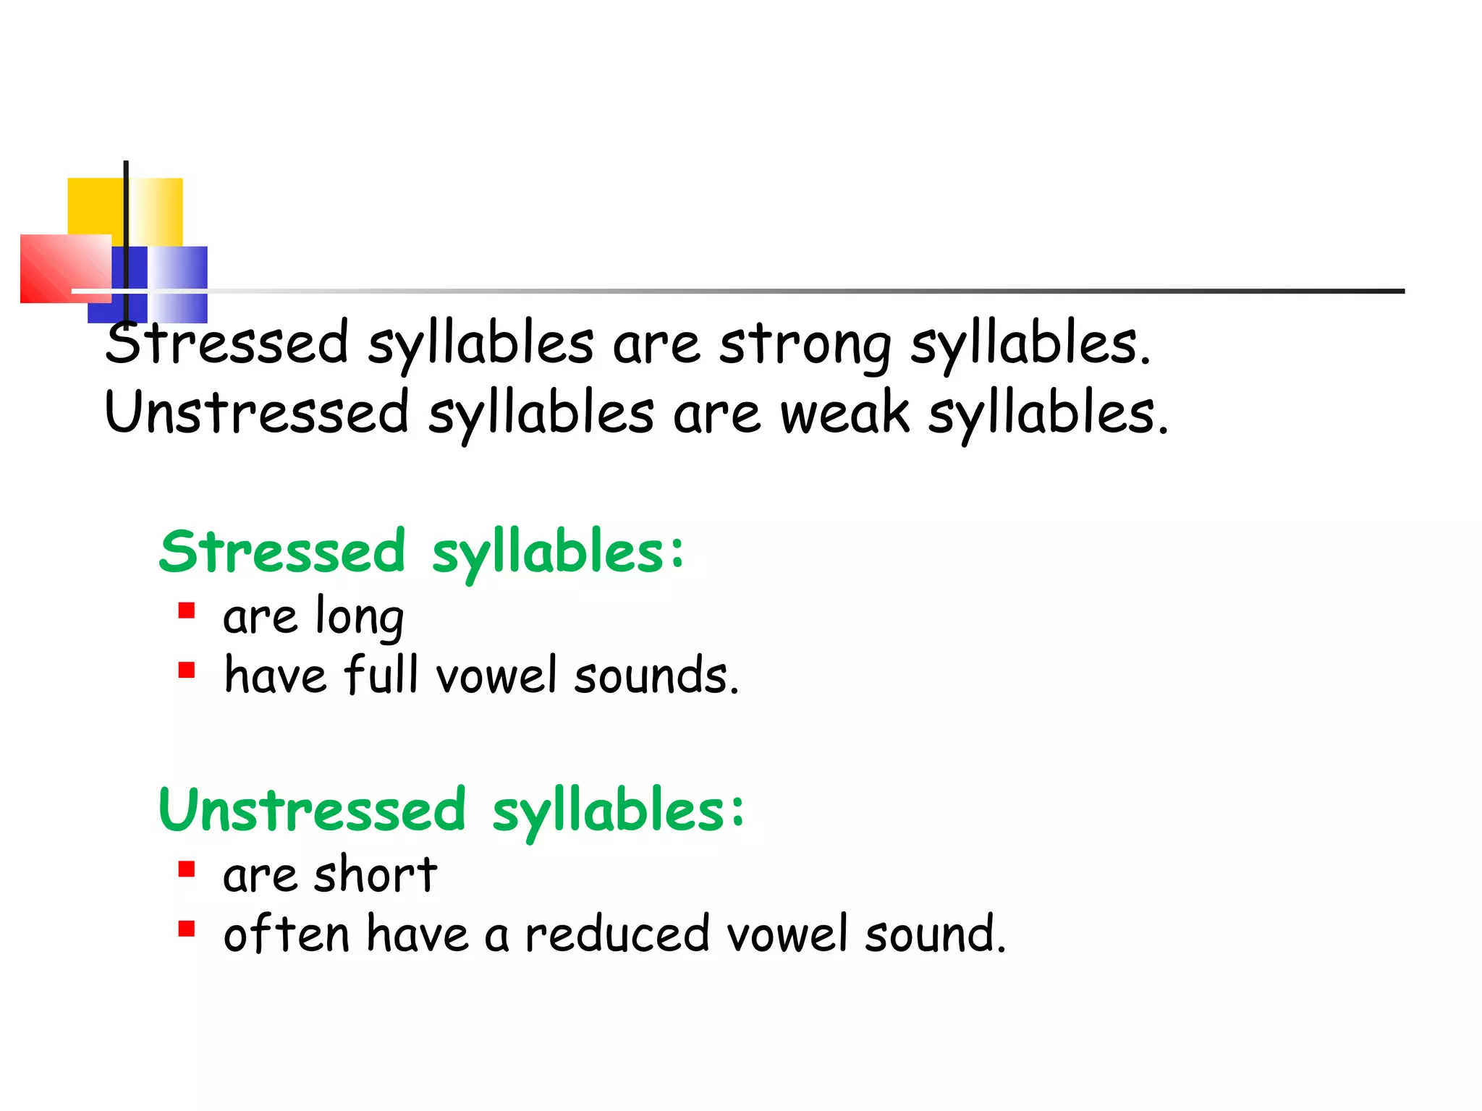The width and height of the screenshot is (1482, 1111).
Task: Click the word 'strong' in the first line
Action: tap(805, 346)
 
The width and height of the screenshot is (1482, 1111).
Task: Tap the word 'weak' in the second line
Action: tap(844, 414)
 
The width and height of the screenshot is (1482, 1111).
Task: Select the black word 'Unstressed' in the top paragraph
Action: tap(257, 414)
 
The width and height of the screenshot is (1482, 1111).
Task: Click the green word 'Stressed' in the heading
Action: tap(282, 553)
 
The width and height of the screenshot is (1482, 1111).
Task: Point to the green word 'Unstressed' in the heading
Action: tap(312, 810)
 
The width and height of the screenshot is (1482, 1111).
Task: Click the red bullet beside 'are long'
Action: tap(187, 612)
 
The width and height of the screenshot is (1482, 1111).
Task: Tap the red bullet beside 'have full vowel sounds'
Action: tap(187, 671)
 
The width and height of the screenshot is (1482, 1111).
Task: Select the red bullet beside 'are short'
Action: tap(187, 869)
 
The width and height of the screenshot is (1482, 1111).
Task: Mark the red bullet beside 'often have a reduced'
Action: tap(187, 928)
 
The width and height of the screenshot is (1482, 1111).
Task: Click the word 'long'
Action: tap(360, 618)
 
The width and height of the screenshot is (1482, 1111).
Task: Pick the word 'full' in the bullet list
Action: tap(381, 676)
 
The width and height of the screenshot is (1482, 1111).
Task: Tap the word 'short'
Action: tap(376, 874)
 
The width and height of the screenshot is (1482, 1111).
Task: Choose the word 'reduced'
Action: tap(617, 934)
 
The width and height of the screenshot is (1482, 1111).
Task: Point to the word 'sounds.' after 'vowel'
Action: tap(656, 676)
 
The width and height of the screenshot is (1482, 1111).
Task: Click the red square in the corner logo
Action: tap(65, 268)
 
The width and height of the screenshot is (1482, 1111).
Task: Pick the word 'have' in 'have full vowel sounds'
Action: tap(275, 676)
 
